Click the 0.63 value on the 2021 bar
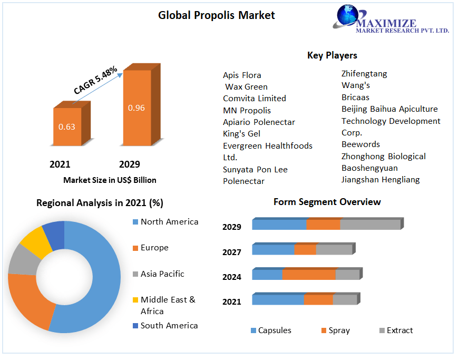click(x=67, y=127)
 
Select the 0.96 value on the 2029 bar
click(x=136, y=108)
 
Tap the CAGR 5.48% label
click(x=95, y=80)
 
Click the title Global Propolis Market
click(x=217, y=15)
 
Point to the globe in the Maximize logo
click(x=347, y=15)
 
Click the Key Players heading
click(x=332, y=55)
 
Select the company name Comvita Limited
click(x=255, y=99)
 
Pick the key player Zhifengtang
click(x=364, y=74)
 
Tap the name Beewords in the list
click(x=360, y=144)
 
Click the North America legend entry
click(x=165, y=222)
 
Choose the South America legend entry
click(x=165, y=325)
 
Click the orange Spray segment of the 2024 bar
click(x=309, y=275)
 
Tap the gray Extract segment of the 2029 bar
click(x=370, y=225)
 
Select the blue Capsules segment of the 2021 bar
click(x=278, y=299)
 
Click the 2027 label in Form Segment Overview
click(x=232, y=252)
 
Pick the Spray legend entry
click(x=336, y=330)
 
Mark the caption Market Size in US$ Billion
click(x=110, y=180)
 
